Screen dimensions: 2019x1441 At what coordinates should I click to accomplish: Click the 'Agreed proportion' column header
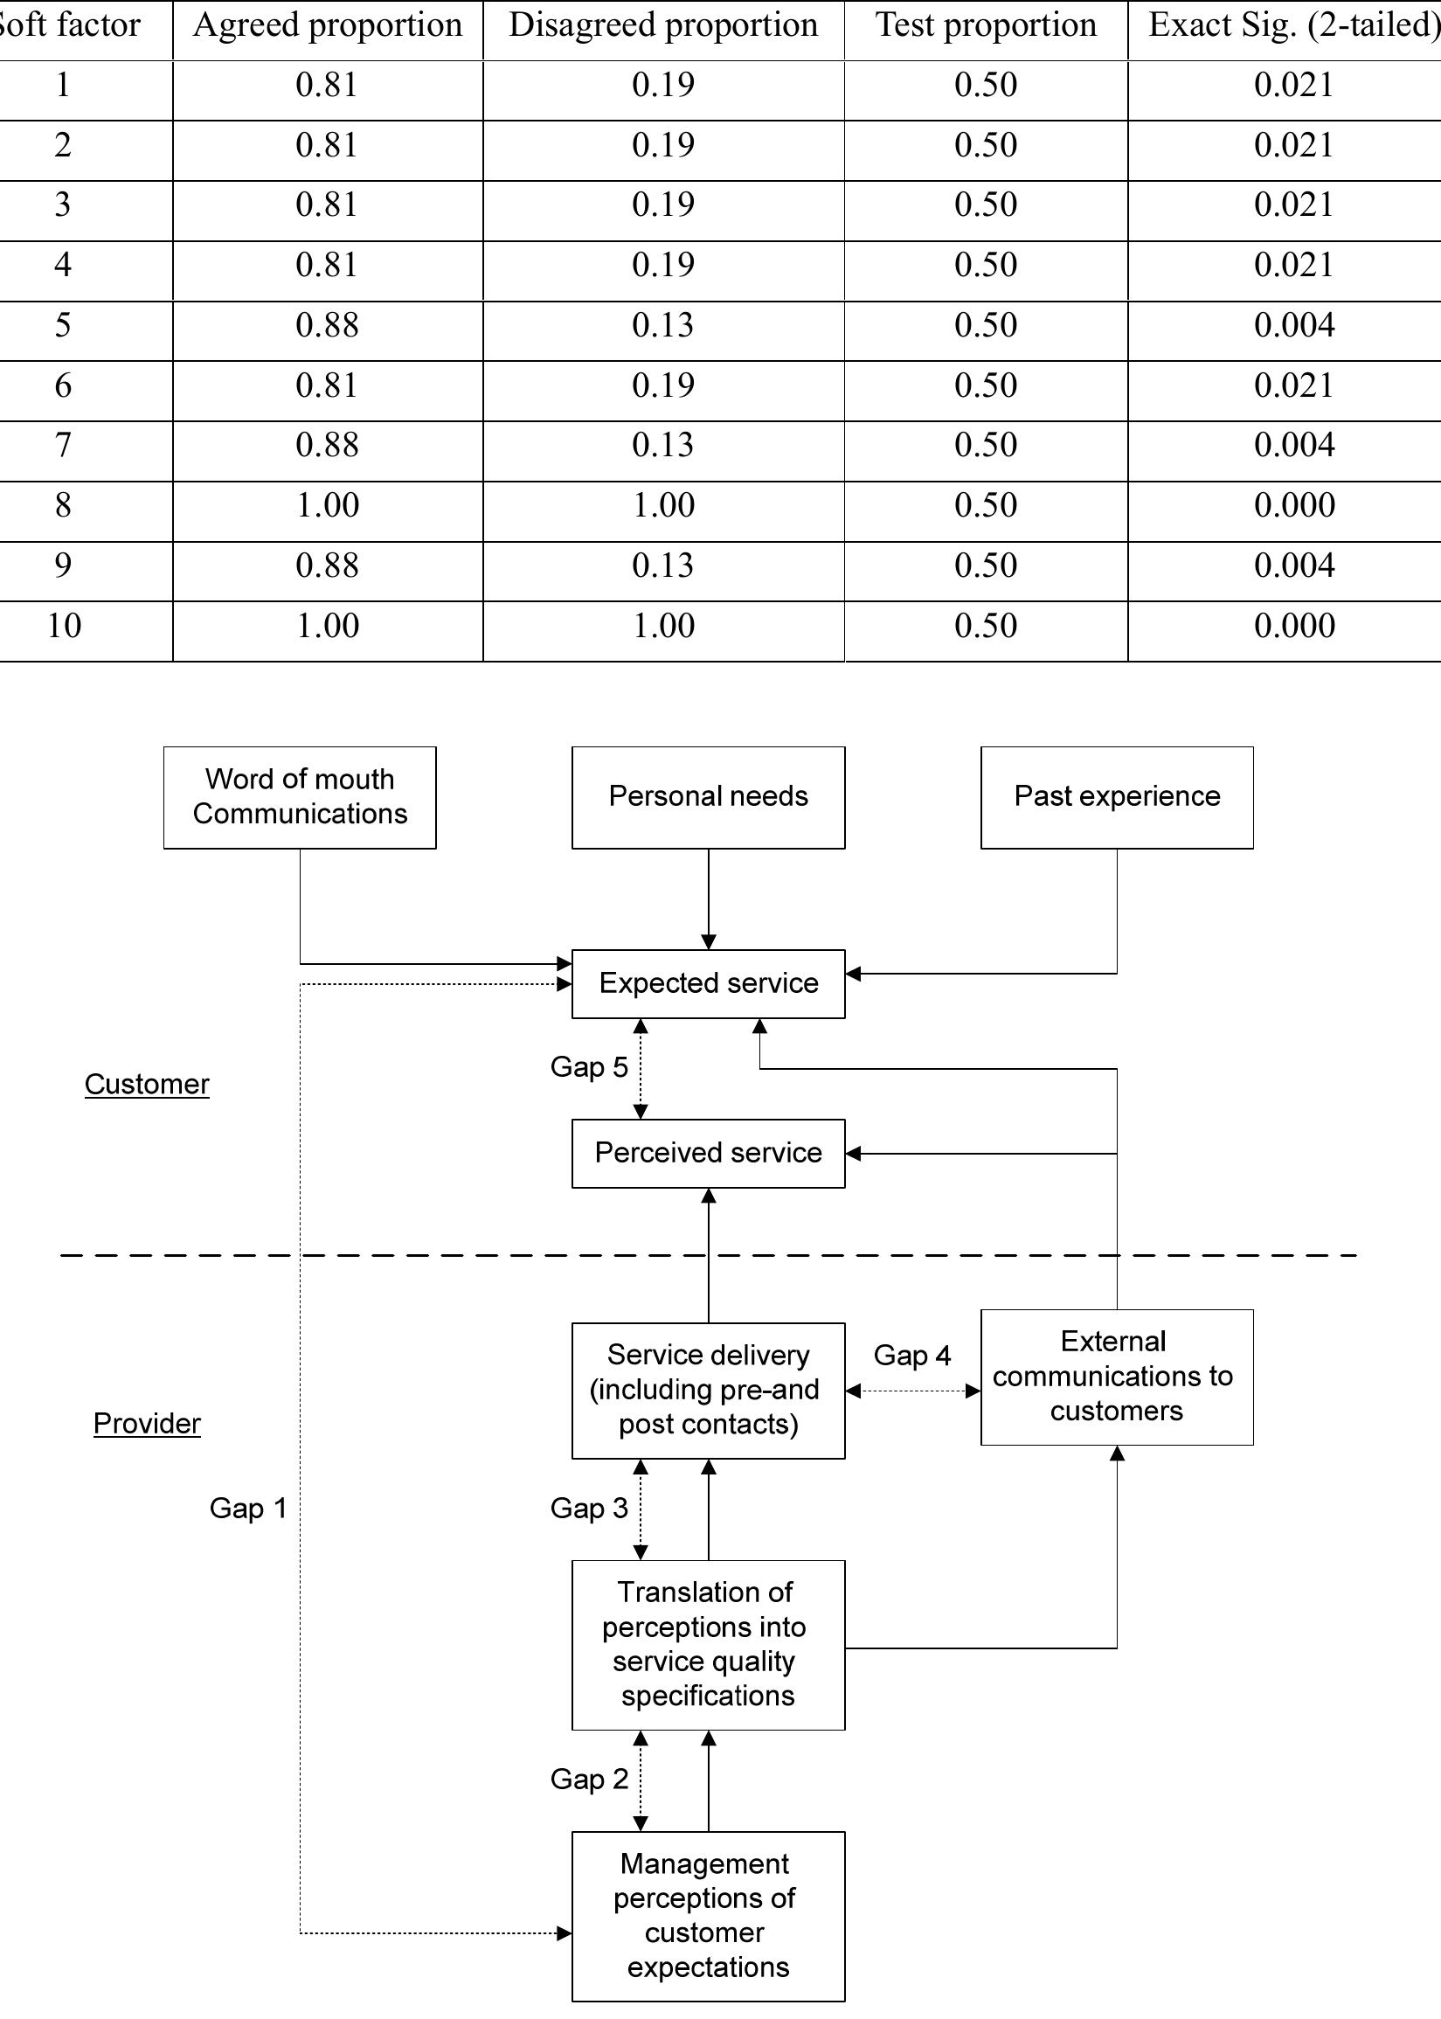[328, 25]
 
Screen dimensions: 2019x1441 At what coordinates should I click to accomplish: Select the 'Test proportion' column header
[986, 25]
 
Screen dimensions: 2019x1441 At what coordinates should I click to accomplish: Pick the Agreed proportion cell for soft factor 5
[328, 325]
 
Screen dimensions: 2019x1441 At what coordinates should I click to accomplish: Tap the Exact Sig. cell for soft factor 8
[1293, 505]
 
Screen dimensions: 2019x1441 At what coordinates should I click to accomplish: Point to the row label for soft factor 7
[62, 445]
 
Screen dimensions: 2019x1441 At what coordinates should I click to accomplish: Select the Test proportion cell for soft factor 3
[985, 205]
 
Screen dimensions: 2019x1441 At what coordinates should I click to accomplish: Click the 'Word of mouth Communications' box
[300, 797]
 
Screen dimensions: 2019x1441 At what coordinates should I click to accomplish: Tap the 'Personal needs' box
[708, 797]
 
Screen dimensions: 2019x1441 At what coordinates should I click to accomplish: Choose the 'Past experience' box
[1116, 797]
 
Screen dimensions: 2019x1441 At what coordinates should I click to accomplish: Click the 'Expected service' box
[708, 983]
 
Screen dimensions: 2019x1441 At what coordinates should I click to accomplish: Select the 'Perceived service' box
[708, 1153]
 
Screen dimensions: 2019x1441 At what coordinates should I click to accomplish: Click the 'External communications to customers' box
[1116, 1377]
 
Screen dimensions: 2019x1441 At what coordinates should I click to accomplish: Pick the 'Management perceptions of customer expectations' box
[708, 1915]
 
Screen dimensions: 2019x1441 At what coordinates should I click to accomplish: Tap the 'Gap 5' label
[588, 1066]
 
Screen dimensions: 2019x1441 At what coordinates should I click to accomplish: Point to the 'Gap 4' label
[911, 1355]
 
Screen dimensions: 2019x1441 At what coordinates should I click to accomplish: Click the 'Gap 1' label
[247, 1508]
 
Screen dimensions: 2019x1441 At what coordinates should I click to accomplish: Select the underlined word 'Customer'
[148, 1084]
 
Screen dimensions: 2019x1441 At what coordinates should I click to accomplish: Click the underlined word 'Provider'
[148, 1424]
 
